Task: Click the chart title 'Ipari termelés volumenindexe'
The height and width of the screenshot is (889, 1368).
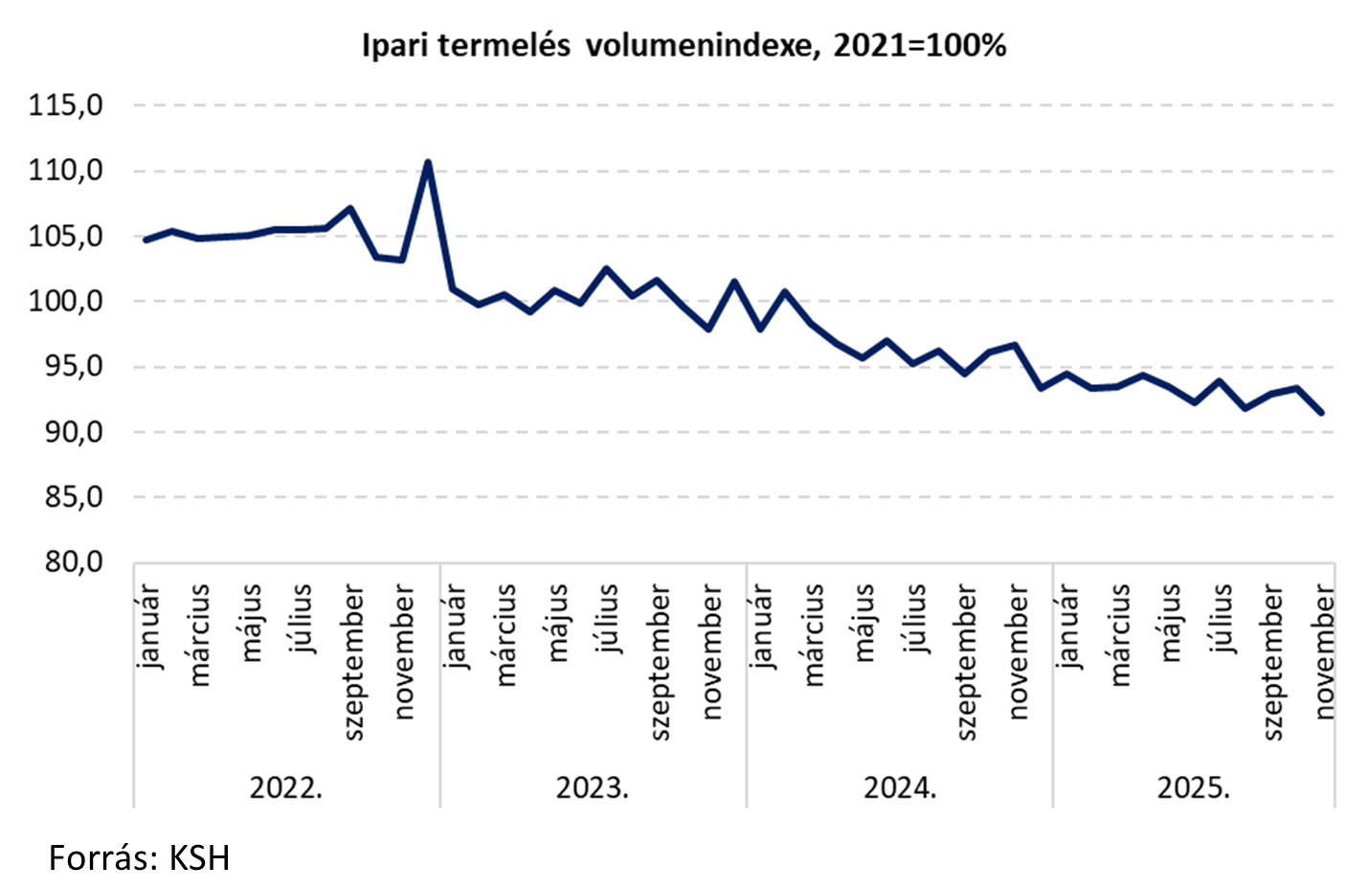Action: coord(684,45)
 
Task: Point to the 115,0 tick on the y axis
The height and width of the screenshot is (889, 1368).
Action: coord(66,104)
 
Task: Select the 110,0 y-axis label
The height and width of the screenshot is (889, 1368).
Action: coord(66,171)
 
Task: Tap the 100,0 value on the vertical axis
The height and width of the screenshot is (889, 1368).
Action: coord(66,301)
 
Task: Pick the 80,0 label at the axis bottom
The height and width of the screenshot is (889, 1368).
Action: coord(72,561)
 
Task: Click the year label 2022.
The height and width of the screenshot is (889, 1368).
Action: coord(286,787)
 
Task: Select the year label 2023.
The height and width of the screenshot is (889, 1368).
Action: coord(593,787)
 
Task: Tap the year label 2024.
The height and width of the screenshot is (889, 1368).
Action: coord(900,787)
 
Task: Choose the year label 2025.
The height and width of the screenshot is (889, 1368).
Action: coord(1194,787)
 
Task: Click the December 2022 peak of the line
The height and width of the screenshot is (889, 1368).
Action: coord(428,163)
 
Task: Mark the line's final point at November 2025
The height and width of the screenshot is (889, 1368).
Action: coord(1322,412)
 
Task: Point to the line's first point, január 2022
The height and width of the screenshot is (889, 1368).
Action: coord(146,239)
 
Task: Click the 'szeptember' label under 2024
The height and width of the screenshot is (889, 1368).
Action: coord(967,662)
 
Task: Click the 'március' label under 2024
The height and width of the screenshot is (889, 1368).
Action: coord(814,635)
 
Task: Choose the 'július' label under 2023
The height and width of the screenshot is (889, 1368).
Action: coord(609,618)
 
